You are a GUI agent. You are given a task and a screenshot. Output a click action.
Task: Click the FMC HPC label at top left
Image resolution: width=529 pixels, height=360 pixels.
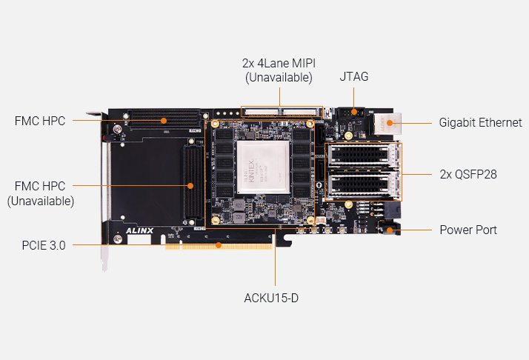pos(40,121)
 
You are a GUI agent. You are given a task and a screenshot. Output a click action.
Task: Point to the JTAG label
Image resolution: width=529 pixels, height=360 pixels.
pos(353,76)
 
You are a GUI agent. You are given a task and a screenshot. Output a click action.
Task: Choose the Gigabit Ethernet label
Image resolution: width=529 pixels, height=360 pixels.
pos(480,123)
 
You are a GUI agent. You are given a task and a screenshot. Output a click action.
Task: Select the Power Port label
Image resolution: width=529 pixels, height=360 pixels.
pos(468,230)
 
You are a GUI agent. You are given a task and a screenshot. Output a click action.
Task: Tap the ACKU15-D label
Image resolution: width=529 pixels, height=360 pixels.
pos(274,299)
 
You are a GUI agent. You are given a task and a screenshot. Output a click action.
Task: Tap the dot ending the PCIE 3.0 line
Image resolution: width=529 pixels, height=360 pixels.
pos(219,244)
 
